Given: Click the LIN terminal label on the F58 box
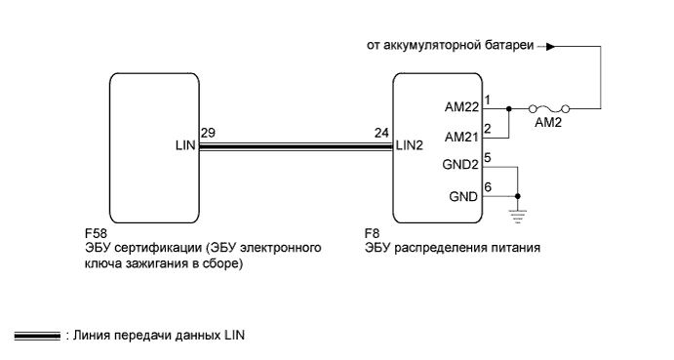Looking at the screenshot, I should (x=184, y=146).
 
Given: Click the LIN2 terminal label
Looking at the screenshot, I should (x=409, y=146).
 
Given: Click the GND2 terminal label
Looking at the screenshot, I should (x=459, y=166).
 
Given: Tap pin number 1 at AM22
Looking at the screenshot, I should (x=488, y=100).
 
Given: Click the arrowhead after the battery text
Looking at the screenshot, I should (x=552, y=45).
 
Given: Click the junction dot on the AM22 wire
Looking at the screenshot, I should (x=509, y=109).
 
